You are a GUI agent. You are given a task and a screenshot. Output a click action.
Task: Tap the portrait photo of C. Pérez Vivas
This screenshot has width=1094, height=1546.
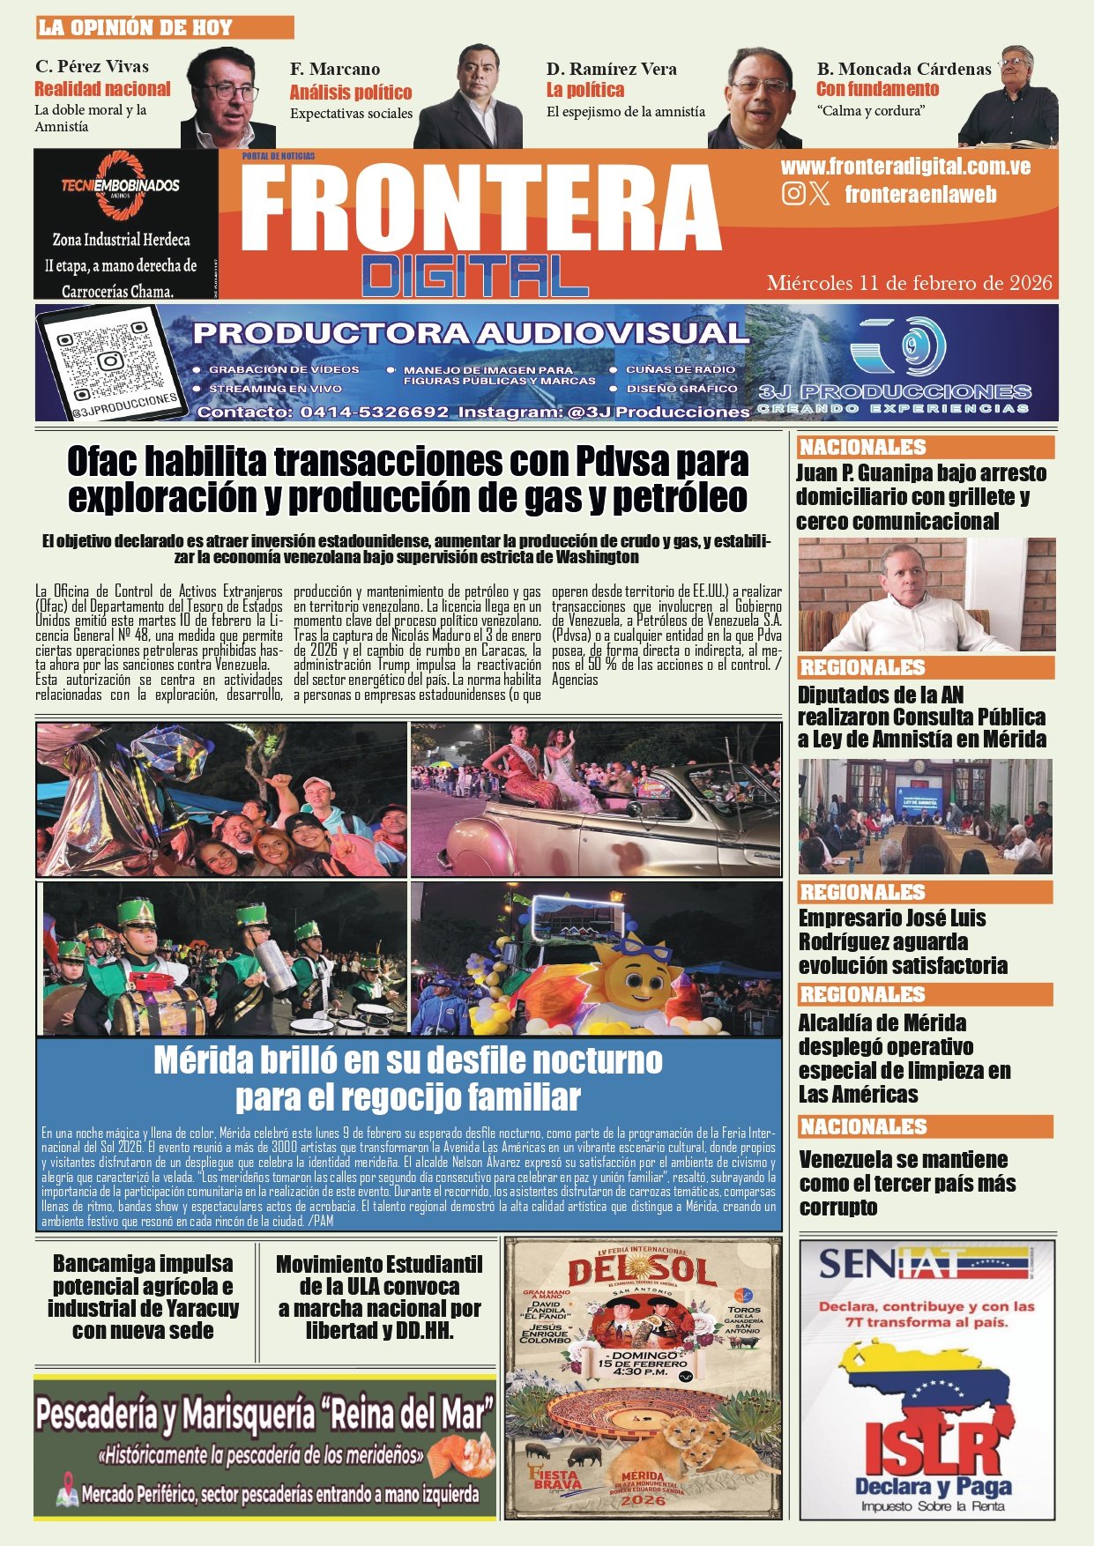click(x=227, y=99)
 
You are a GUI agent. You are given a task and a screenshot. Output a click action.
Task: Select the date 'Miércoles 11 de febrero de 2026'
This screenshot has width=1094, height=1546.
click(x=909, y=283)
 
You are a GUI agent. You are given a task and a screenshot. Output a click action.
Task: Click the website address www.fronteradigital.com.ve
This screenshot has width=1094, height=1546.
click(x=905, y=167)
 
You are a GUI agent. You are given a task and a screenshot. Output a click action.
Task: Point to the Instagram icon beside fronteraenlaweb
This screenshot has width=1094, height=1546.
click(x=793, y=194)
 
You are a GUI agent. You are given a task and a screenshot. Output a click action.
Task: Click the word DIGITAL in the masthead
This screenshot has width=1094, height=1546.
click(x=474, y=276)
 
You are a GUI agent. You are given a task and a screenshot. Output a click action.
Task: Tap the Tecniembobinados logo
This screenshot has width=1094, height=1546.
click(x=121, y=187)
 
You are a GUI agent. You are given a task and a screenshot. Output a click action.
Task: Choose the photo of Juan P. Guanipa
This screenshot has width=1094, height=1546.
click(x=926, y=595)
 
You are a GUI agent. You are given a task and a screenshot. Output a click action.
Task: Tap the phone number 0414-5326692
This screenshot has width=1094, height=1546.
click(x=374, y=412)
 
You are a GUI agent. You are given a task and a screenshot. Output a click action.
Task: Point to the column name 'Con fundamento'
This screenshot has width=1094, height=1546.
click(x=877, y=89)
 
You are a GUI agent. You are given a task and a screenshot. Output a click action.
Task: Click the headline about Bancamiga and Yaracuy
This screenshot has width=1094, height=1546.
click(x=143, y=1297)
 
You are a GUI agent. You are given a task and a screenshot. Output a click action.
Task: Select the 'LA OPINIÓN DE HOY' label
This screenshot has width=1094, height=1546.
click(x=135, y=27)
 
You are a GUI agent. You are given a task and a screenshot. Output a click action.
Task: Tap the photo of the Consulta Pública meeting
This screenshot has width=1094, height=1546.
click(x=925, y=816)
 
